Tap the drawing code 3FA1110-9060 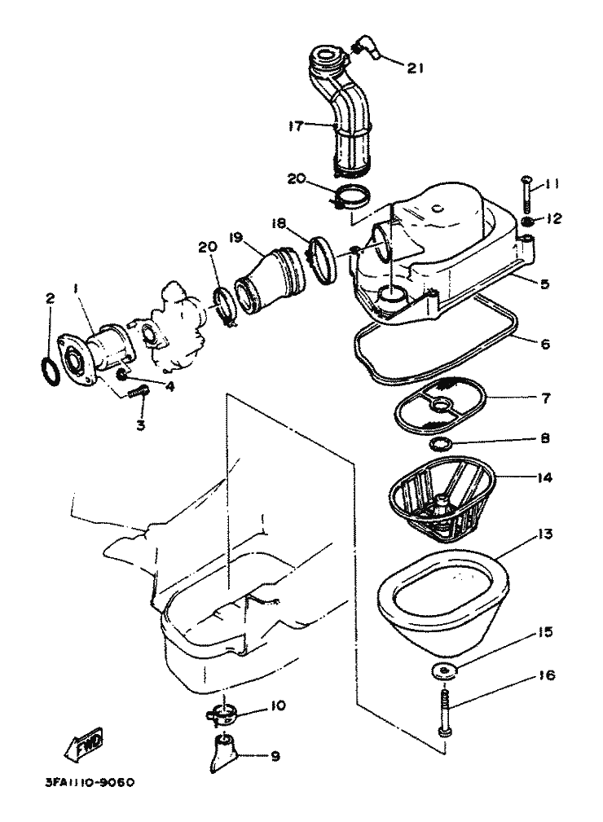[90, 782]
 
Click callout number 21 [416, 68]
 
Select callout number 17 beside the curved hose [296, 125]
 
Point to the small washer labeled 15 [444, 671]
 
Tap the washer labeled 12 [527, 222]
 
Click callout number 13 [545, 534]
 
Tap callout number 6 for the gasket [545, 344]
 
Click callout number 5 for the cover [545, 284]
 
